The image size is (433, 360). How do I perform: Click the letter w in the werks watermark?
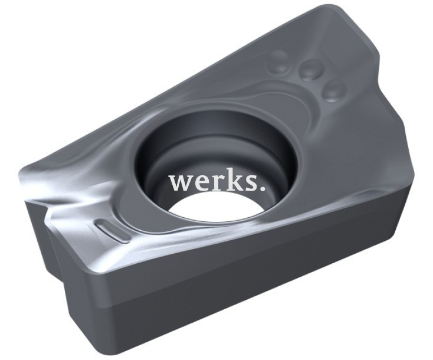coord(181,183)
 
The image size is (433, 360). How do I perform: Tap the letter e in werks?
coord(199,183)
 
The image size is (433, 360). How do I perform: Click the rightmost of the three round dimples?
coord(335,90)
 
